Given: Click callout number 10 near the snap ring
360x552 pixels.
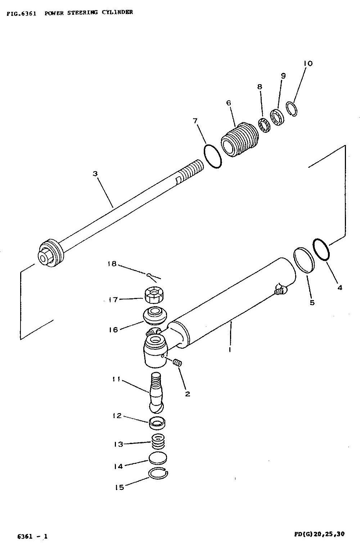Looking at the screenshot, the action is (x=308, y=63).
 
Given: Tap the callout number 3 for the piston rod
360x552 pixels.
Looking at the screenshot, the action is (x=95, y=174).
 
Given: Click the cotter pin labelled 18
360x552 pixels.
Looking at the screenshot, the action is (x=153, y=277).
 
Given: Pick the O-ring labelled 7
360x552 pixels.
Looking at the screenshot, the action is (x=213, y=156).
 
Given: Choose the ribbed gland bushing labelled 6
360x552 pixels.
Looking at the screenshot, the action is (x=240, y=140).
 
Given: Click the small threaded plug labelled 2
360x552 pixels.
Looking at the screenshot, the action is (x=177, y=363).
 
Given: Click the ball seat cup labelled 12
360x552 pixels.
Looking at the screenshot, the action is (x=157, y=423).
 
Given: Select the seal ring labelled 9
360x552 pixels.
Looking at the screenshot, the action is (x=277, y=117).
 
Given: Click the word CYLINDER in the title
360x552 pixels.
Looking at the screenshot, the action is (x=117, y=12).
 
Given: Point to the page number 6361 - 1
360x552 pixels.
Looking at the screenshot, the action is (x=32, y=536).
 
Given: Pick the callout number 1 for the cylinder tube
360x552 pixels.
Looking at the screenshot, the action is (x=230, y=349).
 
